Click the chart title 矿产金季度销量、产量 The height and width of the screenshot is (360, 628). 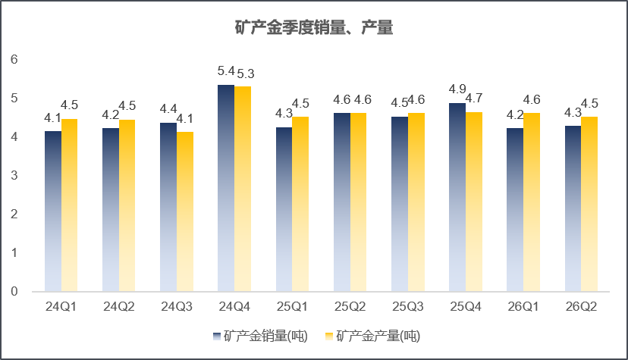(313, 27)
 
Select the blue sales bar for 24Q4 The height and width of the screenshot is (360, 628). (226, 188)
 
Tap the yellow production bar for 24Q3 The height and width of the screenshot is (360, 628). (185, 211)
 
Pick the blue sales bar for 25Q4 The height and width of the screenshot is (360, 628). (457, 197)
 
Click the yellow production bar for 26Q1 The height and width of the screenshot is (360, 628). (532, 202)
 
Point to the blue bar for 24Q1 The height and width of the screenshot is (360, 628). (53, 211)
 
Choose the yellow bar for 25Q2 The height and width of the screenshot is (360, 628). (358, 202)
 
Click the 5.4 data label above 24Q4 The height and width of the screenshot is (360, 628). (226, 71)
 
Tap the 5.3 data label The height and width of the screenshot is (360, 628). (246, 74)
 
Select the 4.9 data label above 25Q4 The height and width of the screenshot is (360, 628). (457, 89)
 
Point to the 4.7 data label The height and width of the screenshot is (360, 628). (474, 98)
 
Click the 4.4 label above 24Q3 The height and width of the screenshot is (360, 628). (168, 109)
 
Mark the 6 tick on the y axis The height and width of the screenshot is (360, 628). (14, 60)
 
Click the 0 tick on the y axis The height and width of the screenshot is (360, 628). (14, 291)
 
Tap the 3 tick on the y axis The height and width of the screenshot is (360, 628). (14, 175)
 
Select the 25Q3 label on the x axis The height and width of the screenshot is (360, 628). (408, 307)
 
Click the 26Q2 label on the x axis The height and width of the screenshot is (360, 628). (581, 307)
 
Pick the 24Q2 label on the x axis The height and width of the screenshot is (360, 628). (119, 307)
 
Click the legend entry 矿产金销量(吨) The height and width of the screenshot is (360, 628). (260, 336)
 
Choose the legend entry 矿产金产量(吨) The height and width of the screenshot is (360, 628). (372, 336)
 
